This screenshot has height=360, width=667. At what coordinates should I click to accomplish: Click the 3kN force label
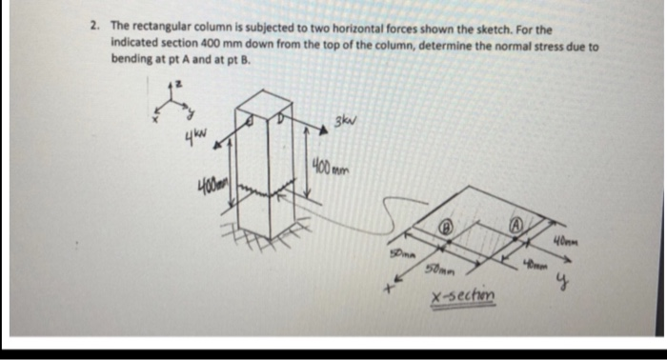point(333,120)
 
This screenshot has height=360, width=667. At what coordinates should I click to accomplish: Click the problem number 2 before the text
point(96,30)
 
